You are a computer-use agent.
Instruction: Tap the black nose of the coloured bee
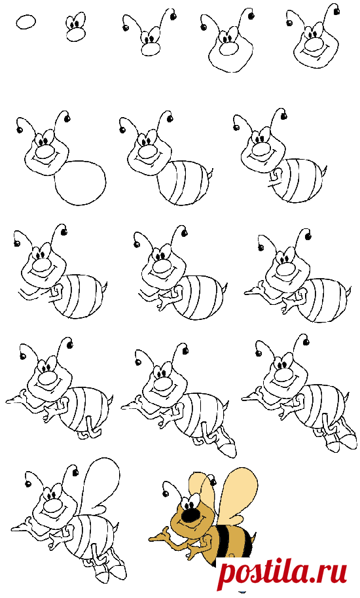click(x=190, y=516)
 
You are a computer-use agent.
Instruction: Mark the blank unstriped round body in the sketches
click(x=81, y=183)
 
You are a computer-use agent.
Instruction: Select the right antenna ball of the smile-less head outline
click(x=251, y=16)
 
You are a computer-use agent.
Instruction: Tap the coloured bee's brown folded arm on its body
click(x=206, y=542)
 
